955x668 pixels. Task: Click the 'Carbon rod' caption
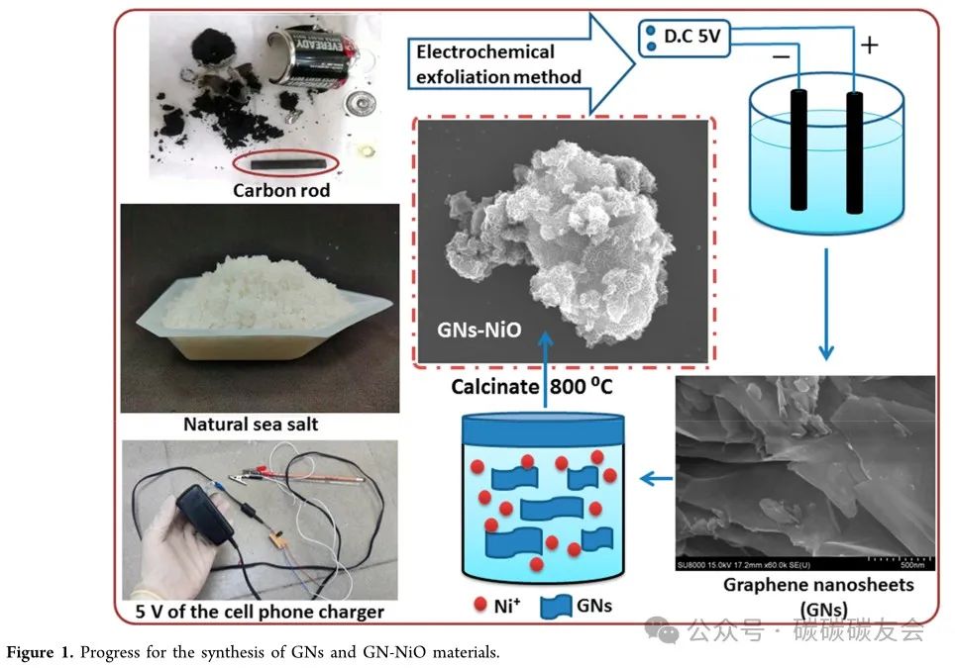(281, 189)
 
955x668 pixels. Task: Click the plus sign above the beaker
(869, 45)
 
